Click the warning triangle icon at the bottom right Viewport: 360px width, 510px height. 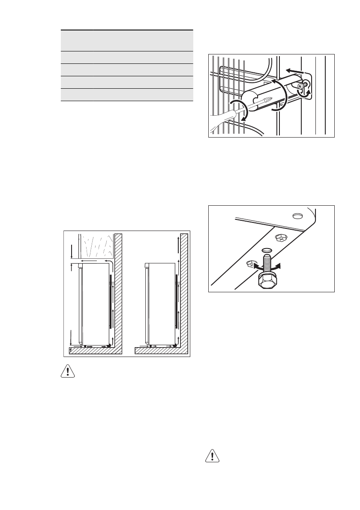point(210,456)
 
